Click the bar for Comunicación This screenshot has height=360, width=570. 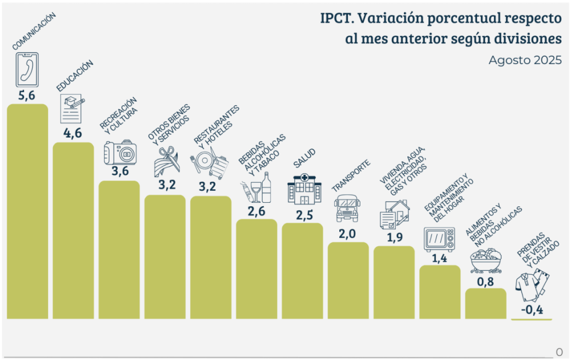pos(27,211)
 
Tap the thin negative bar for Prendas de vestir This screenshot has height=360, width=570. pos(532,319)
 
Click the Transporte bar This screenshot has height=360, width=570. pos(348,280)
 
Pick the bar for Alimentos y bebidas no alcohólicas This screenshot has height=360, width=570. pos(485,303)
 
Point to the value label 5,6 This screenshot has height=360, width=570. pos(26,95)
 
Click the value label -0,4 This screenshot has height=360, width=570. pos(532,310)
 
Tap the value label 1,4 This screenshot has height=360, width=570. pos(439,258)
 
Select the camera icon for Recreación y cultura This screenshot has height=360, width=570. pos(120,153)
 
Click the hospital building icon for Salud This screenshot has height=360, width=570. pos(302,189)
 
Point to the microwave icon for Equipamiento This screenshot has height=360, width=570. pos(439,239)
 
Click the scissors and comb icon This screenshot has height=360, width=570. pos(166,162)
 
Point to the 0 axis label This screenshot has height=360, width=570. pos(559,351)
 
